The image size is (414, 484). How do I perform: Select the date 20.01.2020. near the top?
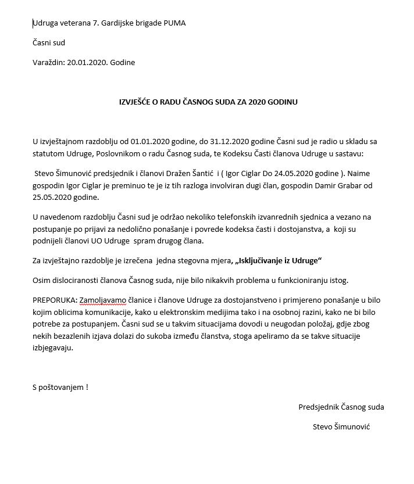tap(87, 62)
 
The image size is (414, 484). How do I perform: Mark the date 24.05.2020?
tap(297, 174)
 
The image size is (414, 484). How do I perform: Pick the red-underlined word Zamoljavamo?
tap(103, 300)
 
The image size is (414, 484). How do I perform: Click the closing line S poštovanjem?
tap(60, 386)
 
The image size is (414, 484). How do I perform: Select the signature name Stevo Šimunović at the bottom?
tap(341, 426)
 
